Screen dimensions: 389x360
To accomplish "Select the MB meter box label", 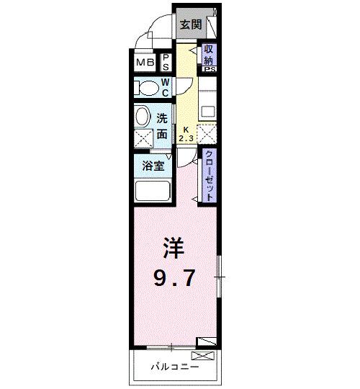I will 145,63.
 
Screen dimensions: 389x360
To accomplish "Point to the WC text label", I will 165,88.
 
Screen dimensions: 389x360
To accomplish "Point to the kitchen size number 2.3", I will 186,137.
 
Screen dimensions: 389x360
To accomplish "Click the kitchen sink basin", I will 207,112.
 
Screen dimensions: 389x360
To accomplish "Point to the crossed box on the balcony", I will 202,355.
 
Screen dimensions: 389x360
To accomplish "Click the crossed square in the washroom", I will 142,138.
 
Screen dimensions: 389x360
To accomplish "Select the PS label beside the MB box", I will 165,63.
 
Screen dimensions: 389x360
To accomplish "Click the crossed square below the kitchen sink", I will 207,135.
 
